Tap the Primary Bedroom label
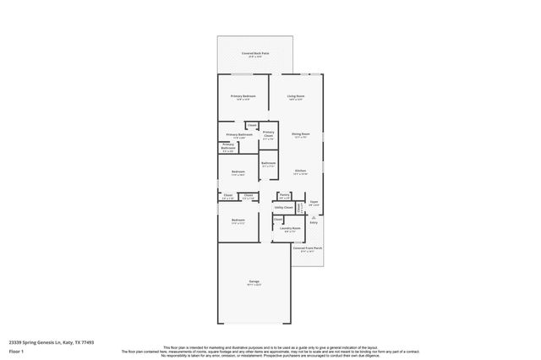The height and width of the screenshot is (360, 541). [243, 96]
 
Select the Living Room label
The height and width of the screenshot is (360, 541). [295, 96]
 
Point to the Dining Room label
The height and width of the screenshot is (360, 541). [301, 134]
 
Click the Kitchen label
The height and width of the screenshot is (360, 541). [300, 172]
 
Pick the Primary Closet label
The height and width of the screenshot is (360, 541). [268, 133]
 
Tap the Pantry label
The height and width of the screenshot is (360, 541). [284, 194]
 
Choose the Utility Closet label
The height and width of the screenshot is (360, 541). [284, 207]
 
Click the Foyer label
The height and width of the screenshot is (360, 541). [314, 202]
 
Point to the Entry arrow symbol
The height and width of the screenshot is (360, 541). [314, 216]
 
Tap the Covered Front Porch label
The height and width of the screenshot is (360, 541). [308, 248]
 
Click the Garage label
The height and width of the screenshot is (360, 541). [254, 281]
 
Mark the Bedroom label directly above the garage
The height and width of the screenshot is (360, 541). [238, 221]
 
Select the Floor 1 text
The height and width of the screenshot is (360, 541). [16, 351]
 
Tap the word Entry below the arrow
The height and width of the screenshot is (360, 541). [314, 223]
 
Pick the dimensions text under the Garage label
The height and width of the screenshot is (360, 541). [254, 286]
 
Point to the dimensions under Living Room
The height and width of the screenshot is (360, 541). [295, 101]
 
